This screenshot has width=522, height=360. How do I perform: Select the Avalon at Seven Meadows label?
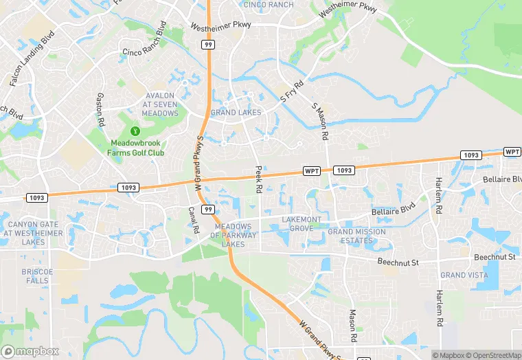(160, 104)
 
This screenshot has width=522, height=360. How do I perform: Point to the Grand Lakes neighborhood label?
(236, 112)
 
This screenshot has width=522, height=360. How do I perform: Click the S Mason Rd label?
(320, 120)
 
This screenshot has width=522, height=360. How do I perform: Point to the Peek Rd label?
(259, 179)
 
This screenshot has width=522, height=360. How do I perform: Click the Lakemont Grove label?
(301, 223)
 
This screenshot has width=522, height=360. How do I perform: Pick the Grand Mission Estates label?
(356, 236)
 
